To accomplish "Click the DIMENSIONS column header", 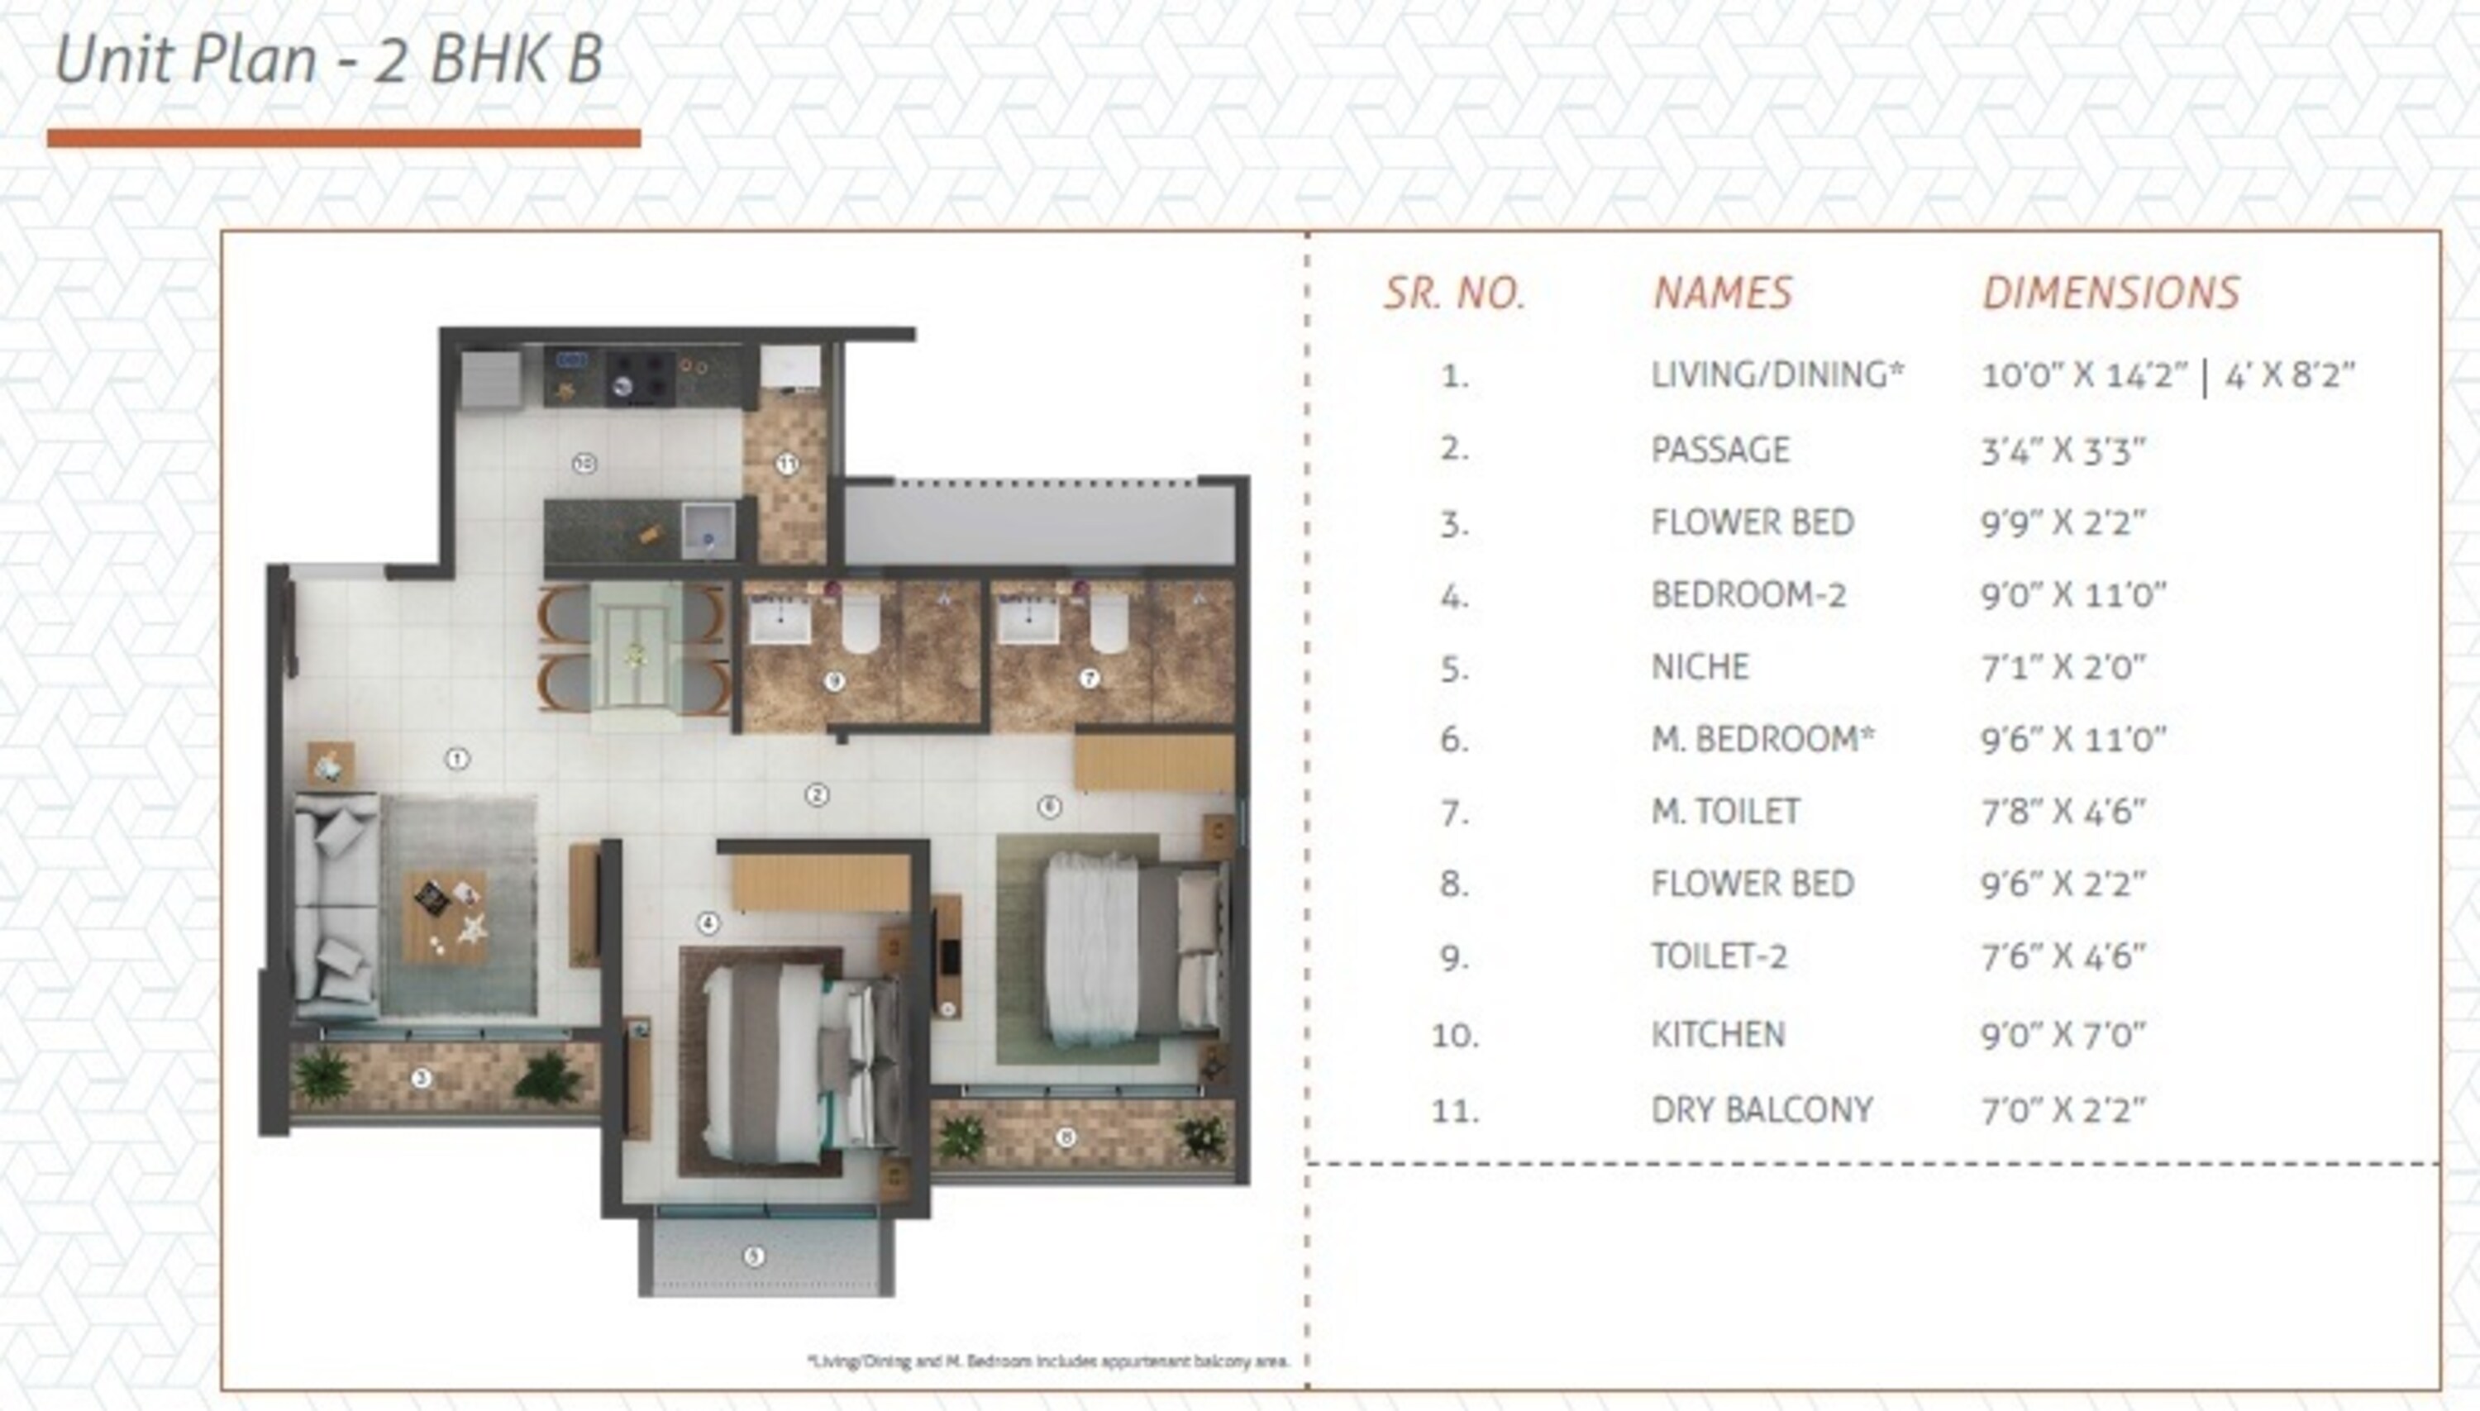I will coord(2110,293).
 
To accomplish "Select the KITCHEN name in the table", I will coord(1717,1034).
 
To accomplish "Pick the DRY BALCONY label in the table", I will coord(1761,1108).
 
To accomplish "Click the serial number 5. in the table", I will coord(1453,669).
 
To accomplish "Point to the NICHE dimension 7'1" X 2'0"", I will coord(2063,667).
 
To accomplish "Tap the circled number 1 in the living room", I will coord(456,759).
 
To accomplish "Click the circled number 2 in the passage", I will coord(817,796).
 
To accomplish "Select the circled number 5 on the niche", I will coord(754,1257).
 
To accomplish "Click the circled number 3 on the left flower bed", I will coord(421,1078).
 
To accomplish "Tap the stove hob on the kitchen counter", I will coord(641,376).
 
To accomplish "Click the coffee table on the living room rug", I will coord(444,917).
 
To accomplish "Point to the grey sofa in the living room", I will coord(334,906).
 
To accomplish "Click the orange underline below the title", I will coord(343,139).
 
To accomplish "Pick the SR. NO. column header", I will coord(1453,293).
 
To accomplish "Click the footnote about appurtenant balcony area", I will coord(1048,1361).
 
